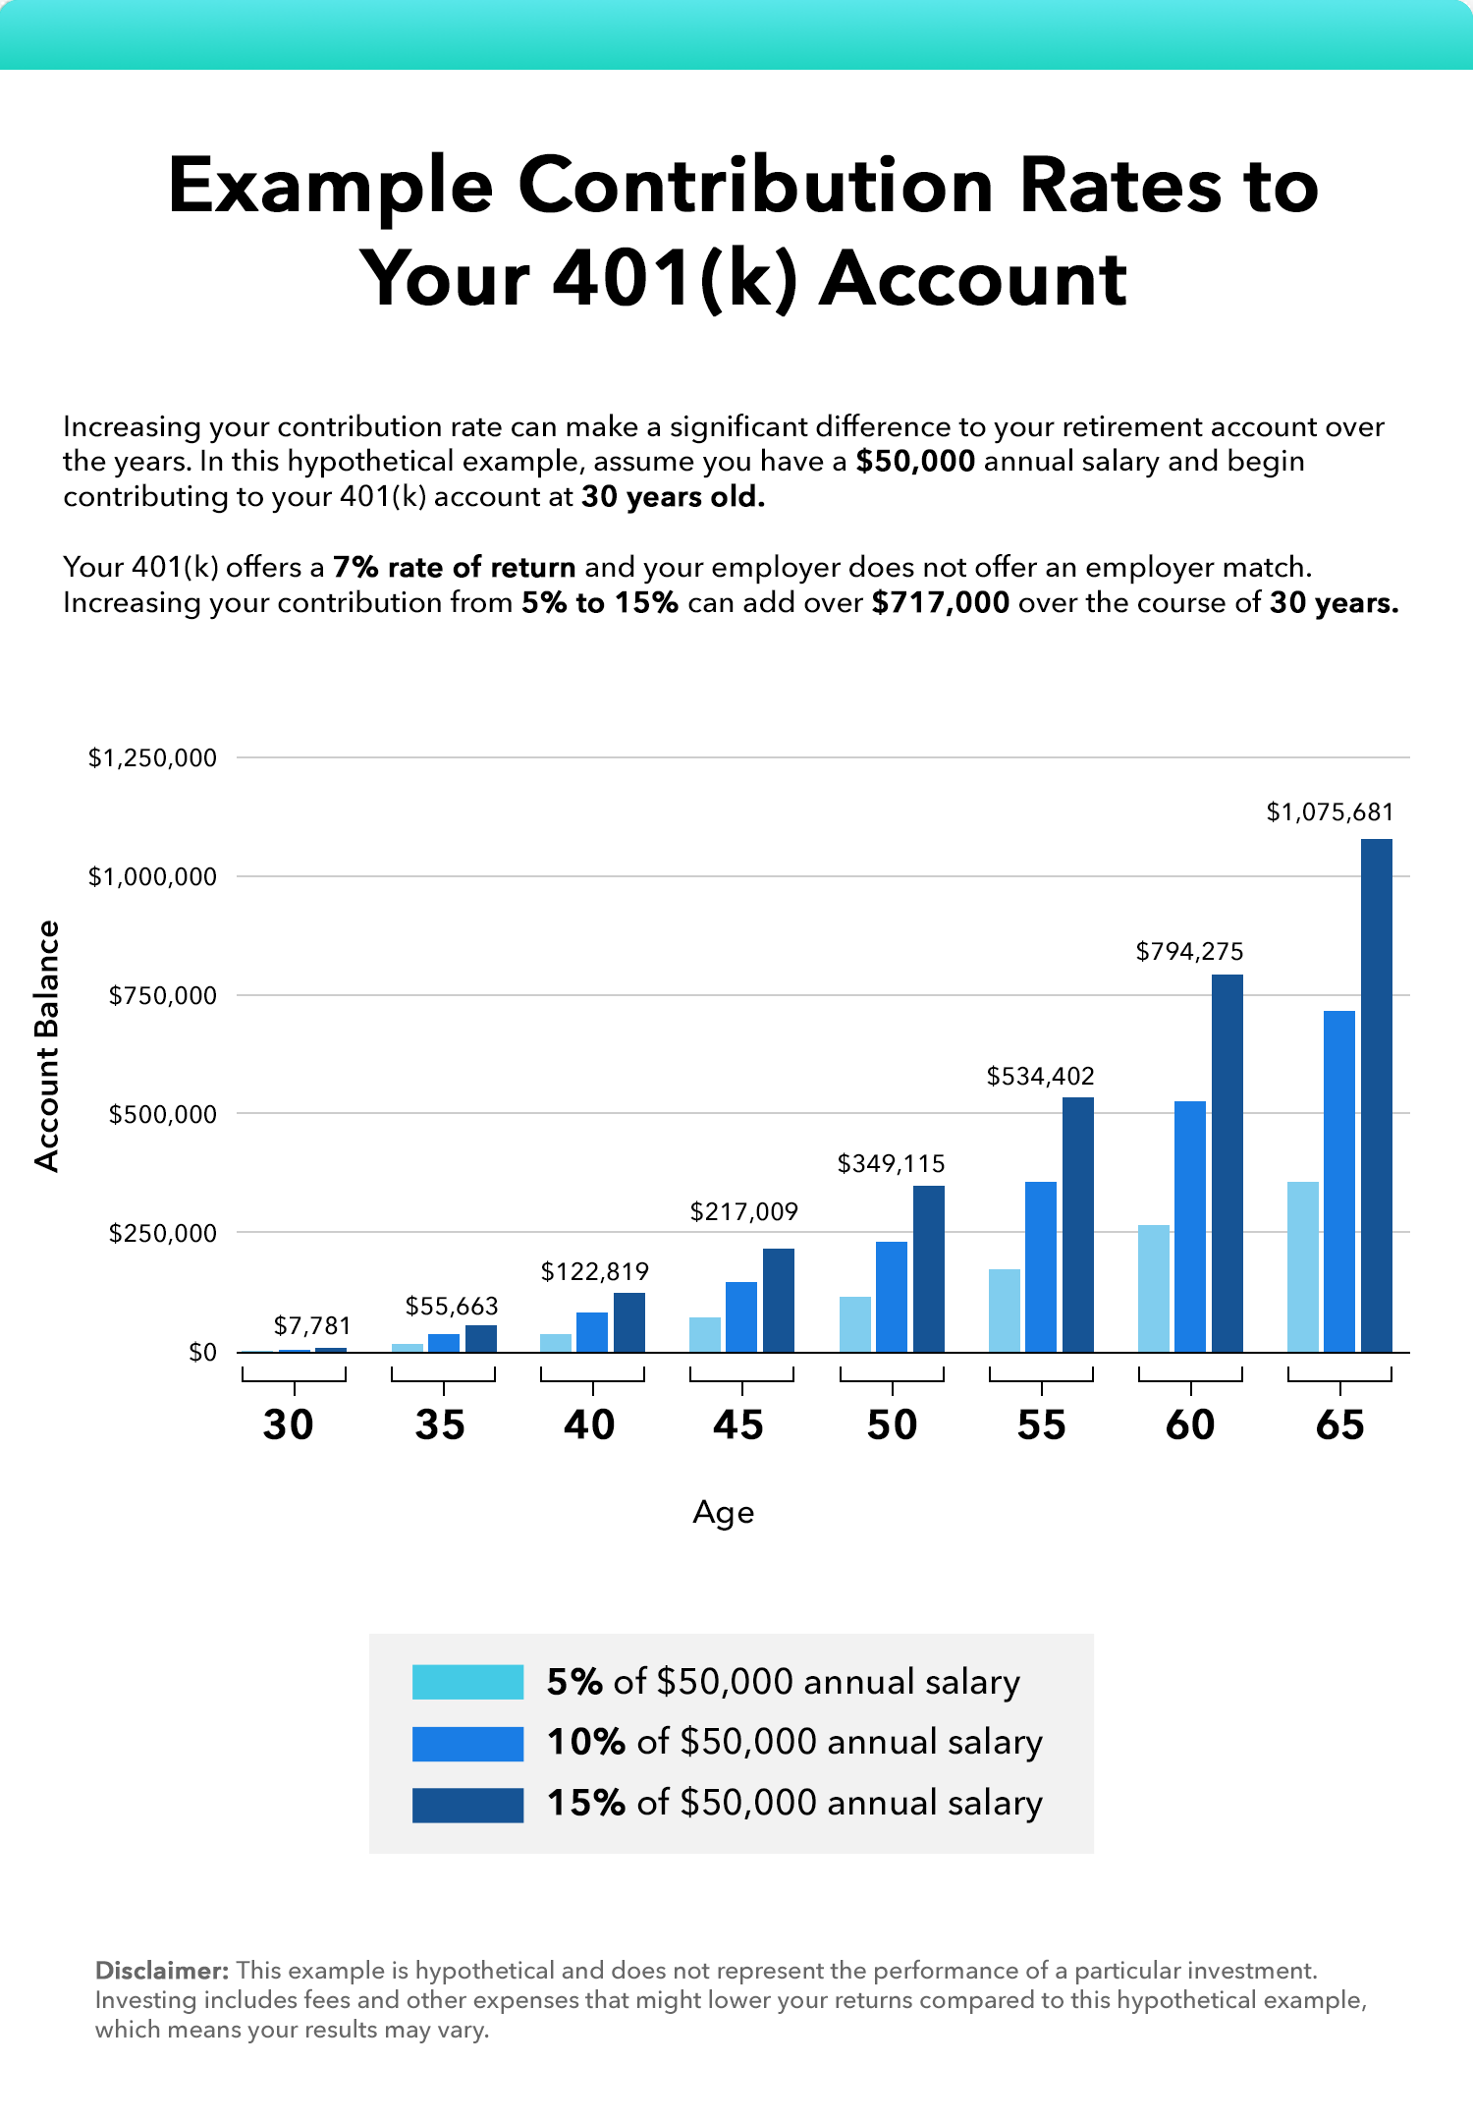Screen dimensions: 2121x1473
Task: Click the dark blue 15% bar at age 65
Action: tap(1376, 1095)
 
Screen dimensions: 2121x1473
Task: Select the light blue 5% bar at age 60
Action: tap(1154, 1288)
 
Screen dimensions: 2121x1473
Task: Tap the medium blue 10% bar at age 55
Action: tap(1041, 1266)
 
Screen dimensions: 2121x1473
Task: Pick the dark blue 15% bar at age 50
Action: tap(928, 1268)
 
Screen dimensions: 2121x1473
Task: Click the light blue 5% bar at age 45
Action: tap(704, 1334)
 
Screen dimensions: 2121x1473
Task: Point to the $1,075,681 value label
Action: tap(1330, 812)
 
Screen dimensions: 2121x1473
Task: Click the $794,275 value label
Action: tap(1189, 951)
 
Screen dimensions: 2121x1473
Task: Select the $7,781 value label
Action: tap(311, 1326)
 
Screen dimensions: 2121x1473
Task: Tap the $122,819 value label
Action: tap(594, 1272)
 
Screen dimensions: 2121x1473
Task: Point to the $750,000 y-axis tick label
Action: tap(162, 995)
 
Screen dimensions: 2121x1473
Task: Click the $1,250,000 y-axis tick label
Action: tap(152, 757)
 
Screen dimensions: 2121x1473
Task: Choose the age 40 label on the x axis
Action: tap(589, 1425)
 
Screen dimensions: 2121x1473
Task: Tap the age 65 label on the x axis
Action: tap(1339, 1425)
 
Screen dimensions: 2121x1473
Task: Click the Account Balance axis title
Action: tap(47, 1046)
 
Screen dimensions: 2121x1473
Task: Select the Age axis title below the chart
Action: tap(723, 1513)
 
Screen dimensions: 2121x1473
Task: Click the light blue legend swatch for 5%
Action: tap(467, 1682)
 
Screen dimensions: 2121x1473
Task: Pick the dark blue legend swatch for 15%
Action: tap(467, 1805)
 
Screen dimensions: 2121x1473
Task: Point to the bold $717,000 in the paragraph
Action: tap(940, 602)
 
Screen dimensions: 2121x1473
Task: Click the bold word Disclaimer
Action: tap(161, 1971)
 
